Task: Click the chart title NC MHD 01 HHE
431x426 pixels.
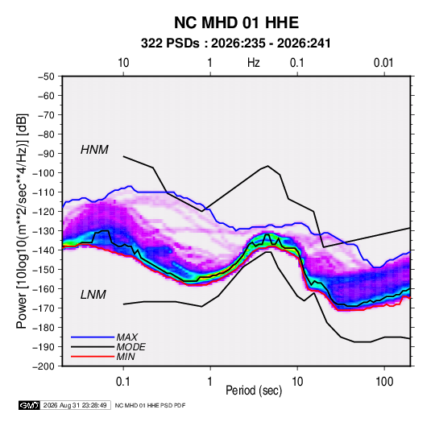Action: (x=236, y=23)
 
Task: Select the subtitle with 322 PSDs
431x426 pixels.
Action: (x=235, y=43)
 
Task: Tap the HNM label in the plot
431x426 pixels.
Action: (x=94, y=150)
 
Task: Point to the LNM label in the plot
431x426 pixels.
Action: (x=93, y=295)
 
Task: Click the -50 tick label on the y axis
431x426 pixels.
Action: (x=46, y=77)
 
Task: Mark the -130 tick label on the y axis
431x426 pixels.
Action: (x=44, y=231)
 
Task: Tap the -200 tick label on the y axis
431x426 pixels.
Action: (x=44, y=366)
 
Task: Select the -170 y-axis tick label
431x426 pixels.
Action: (x=44, y=308)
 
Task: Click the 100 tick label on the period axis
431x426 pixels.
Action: (x=384, y=382)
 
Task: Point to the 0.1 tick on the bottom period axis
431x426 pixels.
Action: (x=123, y=382)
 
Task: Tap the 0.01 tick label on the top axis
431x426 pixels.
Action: (x=383, y=63)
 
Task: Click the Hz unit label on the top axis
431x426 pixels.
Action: (x=254, y=63)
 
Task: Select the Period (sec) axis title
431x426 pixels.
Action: (x=254, y=391)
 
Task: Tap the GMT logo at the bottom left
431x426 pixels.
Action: (x=30, y=405)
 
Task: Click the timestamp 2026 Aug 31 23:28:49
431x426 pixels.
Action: (x=75, y=405)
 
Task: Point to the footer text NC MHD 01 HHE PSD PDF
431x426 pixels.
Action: (x=150, y=405)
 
